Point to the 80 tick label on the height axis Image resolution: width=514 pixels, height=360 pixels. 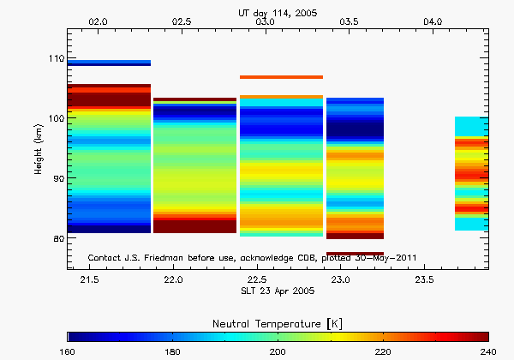click(x=58, y=238)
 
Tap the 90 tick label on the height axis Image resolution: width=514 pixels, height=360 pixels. click(x=58, y=178)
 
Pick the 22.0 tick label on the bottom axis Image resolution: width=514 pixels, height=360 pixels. click(x=174, y=280)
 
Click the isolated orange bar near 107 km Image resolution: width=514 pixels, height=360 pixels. click(x=281, y=77)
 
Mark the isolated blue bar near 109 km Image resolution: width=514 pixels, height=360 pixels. click(x=109, y=63)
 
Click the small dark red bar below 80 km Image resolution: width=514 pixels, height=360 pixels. click(x=355, y=254)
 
